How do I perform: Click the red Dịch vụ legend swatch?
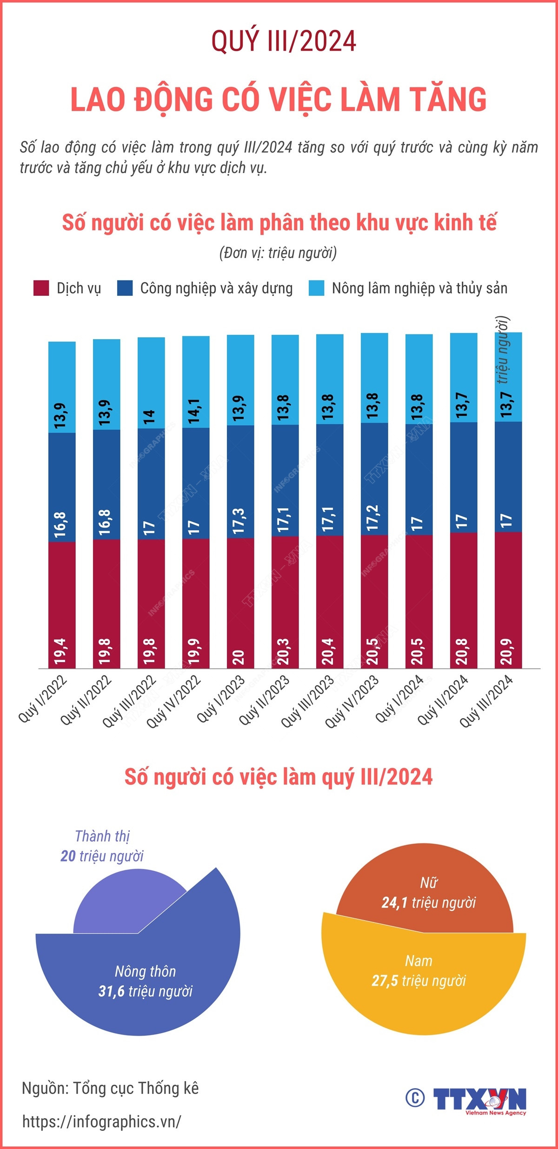[x=41, y=288]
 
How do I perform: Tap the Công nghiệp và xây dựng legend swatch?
[x=125, y=288]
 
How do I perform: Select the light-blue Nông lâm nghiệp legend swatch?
[x=316, y=288]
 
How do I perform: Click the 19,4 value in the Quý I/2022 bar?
[x=61, y=651]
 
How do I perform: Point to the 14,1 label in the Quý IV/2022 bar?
[x=194, y=411]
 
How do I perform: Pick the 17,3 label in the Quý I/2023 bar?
[x=239, y=521]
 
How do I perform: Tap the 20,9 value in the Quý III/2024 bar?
[x=507, y=651]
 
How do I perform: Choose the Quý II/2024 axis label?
[x=443, y=701]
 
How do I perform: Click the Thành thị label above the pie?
[x=102, y=836]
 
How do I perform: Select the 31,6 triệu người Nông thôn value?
[x=146, y=991]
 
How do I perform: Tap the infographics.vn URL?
[x=102, y=1122]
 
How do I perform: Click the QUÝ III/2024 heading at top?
[x=284, y=41]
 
